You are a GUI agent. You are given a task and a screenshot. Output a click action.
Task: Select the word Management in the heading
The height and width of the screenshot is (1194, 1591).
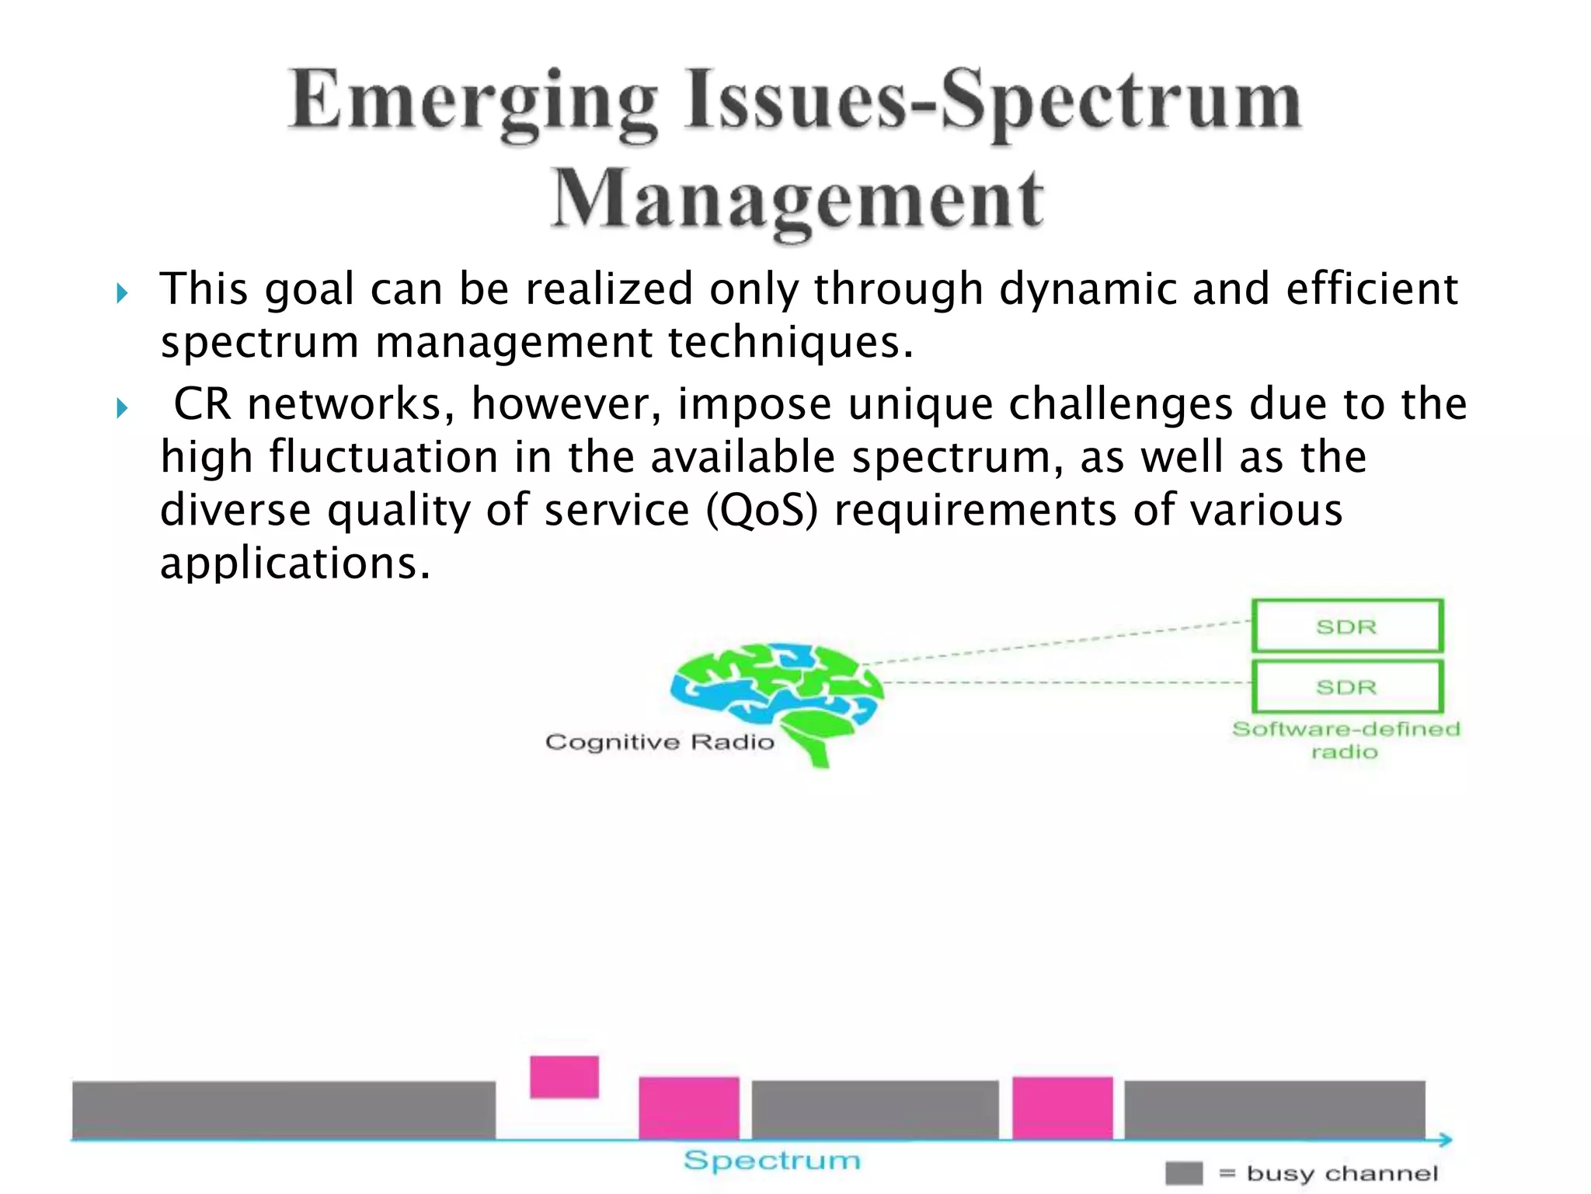(797, 200)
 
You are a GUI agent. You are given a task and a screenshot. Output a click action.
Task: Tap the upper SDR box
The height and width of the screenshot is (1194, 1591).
(1347, 626)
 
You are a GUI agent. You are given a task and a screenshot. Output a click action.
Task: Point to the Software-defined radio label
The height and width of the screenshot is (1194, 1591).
(1346, 739)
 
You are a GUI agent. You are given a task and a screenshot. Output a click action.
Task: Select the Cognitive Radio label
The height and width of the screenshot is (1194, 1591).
(660, 742)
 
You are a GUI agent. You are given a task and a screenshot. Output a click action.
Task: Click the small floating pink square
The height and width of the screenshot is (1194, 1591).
(564, 1077)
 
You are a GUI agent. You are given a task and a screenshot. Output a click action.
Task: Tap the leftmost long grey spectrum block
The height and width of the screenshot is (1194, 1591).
(284, 1109)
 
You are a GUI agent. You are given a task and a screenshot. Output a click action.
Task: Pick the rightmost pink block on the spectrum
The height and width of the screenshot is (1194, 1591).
(1062, 1108)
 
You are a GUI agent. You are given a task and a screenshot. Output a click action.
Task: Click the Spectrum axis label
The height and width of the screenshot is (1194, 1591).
(771, 1161)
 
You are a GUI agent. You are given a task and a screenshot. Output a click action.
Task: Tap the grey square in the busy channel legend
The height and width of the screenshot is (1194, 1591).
(1183, 1173)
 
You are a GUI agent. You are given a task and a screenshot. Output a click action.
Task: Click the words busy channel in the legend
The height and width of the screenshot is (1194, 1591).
(1342, 1173)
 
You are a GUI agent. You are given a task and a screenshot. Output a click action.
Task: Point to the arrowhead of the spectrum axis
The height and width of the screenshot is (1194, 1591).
(1445, 1140)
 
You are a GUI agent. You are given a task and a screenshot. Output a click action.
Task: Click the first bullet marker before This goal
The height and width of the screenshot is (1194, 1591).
(122, 294)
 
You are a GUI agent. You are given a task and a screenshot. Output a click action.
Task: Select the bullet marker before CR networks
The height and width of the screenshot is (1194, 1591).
(122, 408)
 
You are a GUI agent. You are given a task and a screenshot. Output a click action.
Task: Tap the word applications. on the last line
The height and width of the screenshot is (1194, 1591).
(294, 563)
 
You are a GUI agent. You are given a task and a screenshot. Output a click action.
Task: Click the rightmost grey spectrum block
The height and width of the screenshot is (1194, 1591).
(1274, 1109)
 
